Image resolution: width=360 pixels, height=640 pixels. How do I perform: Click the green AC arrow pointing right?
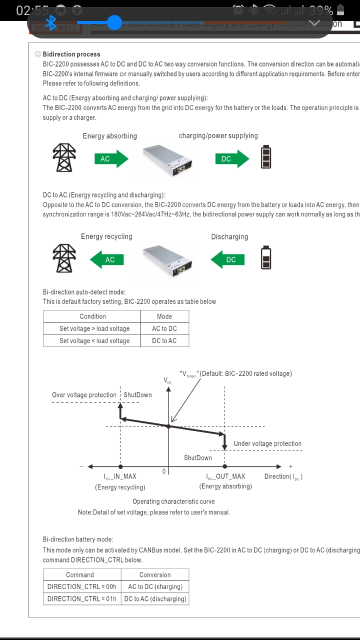pos(111,159)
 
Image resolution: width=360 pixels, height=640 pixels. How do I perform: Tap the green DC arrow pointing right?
pos(232,159)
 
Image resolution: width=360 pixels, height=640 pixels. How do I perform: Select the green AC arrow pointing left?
pos(106,259)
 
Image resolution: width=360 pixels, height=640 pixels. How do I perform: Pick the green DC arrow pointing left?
pos(227,259)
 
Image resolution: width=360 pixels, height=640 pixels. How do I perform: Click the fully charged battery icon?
pos(266,156)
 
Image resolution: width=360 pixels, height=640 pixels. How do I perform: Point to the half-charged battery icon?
pos(266,257)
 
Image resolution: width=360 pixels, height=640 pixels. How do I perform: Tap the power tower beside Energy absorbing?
pos(64,157)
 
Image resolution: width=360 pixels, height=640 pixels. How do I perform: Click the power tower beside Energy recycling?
pos(64,258)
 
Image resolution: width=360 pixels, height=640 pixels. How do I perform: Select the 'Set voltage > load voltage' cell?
pos(94,328)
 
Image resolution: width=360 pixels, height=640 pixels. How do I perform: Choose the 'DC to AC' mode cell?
pos(164,340)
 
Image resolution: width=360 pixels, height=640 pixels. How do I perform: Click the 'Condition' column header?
pos(92,316)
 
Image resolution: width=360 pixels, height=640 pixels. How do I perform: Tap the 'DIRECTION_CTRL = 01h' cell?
pos(81,598)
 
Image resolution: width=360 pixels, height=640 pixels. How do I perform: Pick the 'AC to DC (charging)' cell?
pos(155,586)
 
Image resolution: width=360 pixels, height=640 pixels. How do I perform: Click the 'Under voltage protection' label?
pos(267,443)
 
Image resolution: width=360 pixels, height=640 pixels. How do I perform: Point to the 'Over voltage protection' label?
pos(84,395)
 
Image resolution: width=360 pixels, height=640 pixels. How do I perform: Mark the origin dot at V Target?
pos(168,426)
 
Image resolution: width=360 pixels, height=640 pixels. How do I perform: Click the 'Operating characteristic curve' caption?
pos(173,501)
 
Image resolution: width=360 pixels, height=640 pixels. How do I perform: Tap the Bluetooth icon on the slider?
pos(50,22)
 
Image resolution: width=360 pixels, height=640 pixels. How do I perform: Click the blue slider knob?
pos(114,22)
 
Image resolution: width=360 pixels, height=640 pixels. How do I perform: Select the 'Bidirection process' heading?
pos(71,54)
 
